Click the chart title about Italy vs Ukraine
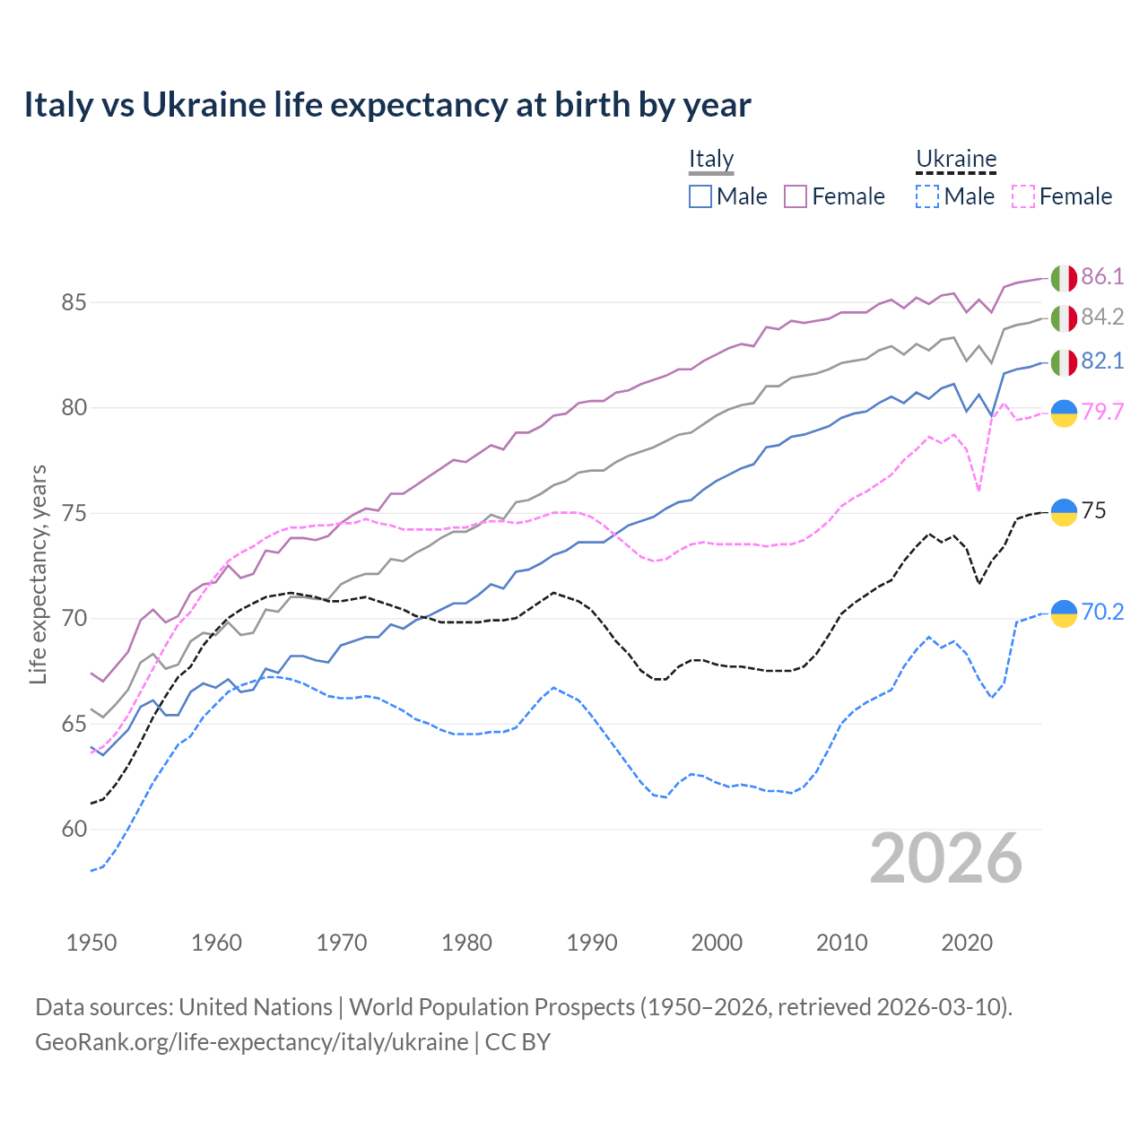[387, 105]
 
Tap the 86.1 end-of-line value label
[1102, 276]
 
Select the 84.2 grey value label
[1102, 317]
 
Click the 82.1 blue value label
[1102, 361]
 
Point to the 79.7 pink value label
[1102, 412]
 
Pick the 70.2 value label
[1102, 612]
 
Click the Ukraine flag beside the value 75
[1064, 511]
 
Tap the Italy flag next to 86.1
[1064, 278]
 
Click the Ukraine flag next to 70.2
[1064, 613]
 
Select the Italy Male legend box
[700, 196]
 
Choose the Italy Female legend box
[796, 196]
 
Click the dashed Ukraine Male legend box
[927, 196]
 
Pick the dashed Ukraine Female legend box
[1023, 196]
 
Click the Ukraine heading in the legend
[956, 159]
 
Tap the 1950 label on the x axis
[91, 943]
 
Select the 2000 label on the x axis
[717, 943]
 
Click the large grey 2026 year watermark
[945, 858]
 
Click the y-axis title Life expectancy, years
[39, 574]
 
